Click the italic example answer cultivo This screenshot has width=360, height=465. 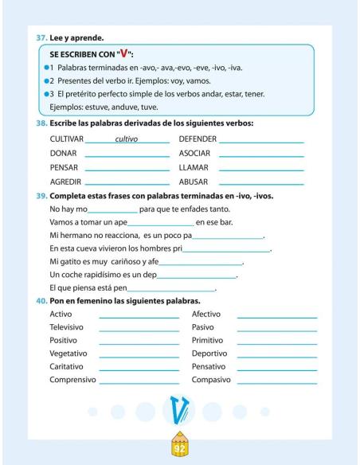127,139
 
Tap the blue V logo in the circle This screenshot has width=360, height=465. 178,412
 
